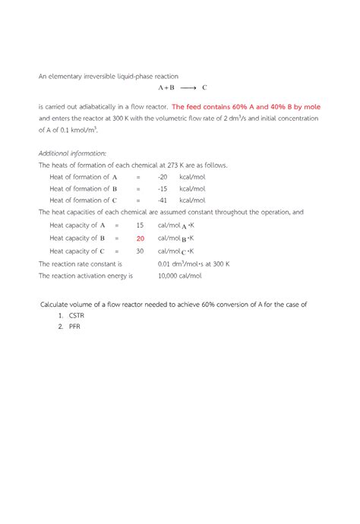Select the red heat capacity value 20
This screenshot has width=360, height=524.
click(141, 238)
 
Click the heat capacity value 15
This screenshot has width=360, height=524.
click(140, 226)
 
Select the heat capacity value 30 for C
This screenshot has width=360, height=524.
click(140, 251)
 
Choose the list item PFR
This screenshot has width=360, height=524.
click(75, 327)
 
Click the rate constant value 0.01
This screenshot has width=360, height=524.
click(166, 264)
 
